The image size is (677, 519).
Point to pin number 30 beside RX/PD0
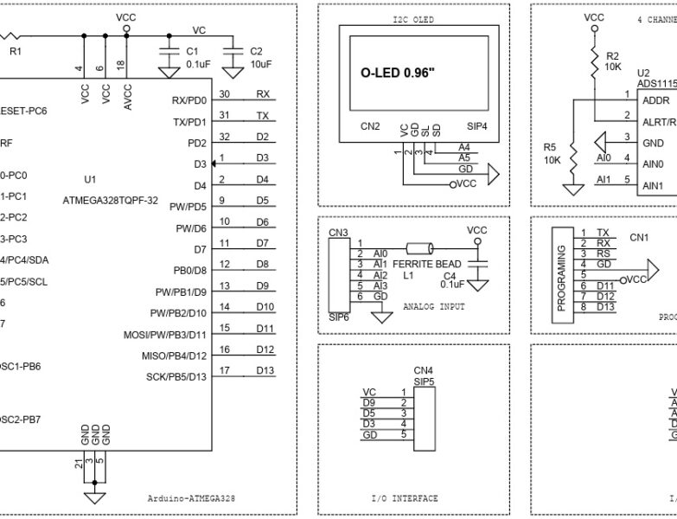(x=224, y=93)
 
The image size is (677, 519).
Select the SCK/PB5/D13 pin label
(x=176, y=376)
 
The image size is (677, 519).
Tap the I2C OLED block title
(x=412, y=19)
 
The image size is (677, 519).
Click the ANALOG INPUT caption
(x=433, y=306)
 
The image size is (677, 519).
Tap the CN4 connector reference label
(x=423, y=369)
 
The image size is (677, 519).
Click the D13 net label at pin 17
(x=265, y=371)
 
